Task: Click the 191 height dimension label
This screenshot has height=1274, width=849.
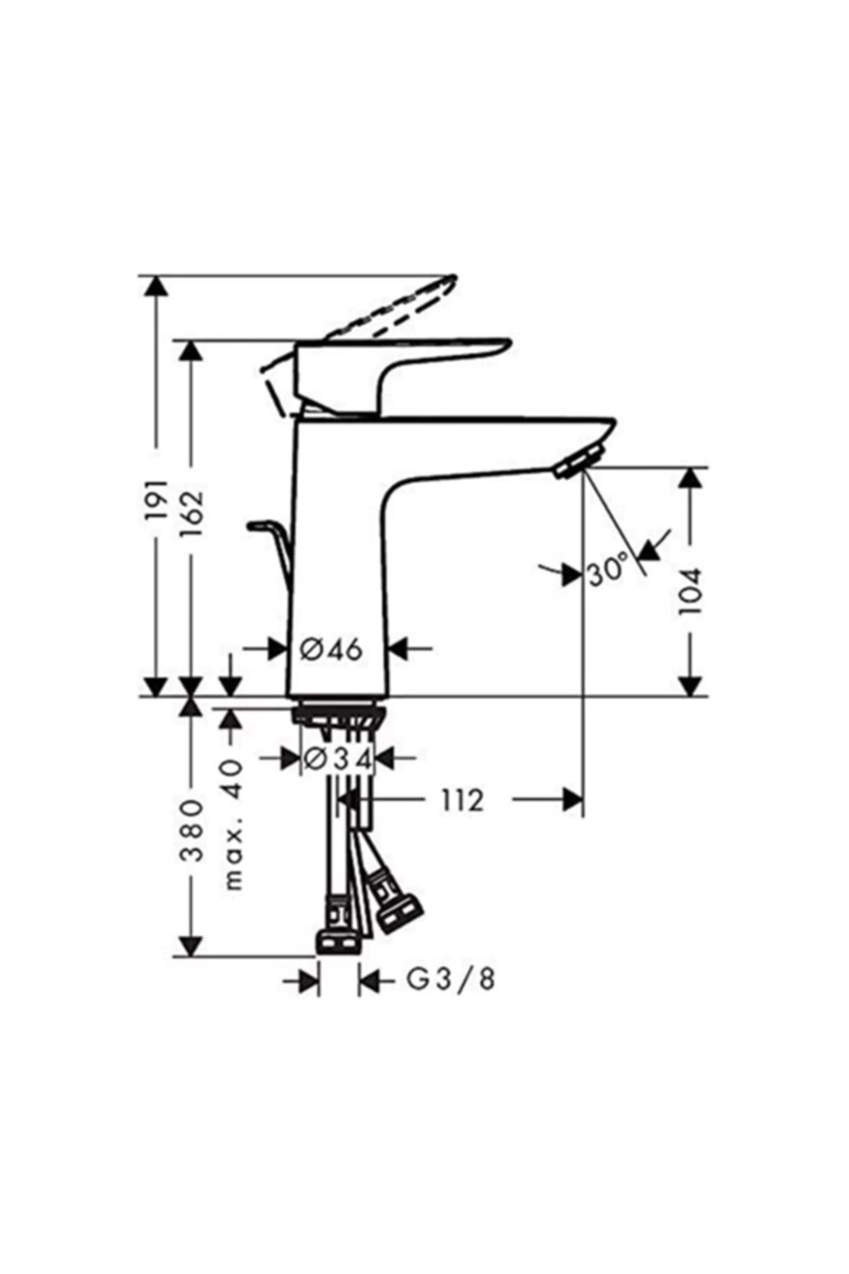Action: [157, 500]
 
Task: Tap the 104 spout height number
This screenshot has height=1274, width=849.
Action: [690, 590]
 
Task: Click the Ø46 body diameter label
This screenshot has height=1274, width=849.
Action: [331, 648]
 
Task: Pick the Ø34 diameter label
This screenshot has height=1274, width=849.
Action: [337, 759]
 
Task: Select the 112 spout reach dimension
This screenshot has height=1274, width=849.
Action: [463, 800]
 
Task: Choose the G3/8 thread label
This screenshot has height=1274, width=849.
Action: [451, 980]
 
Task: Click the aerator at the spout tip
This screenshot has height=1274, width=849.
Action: [579, 462]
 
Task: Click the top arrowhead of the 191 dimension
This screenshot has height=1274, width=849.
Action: [157, 286]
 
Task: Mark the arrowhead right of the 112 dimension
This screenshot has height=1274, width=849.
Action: [572, 800]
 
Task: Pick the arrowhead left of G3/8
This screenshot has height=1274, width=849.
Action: [308, 981]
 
